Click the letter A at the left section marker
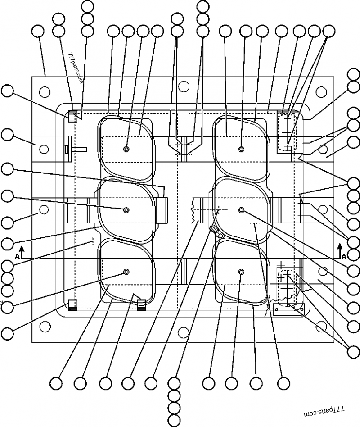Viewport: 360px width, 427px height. coord(17,256)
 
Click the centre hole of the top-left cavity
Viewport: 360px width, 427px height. coord(126,149)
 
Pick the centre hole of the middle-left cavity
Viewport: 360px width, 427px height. coord(126,209)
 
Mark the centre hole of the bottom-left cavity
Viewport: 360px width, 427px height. coord(126,271)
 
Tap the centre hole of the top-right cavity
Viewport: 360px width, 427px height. coord(242,149)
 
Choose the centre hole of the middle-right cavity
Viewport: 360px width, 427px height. coord(242,210)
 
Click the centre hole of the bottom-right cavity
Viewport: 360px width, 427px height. coord(242,272)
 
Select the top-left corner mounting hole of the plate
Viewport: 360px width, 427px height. coord(44,92)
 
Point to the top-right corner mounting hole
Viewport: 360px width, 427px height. coord(321,92)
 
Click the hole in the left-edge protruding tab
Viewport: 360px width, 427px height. coord(44,149)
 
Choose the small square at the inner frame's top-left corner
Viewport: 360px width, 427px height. coord(72,115)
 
